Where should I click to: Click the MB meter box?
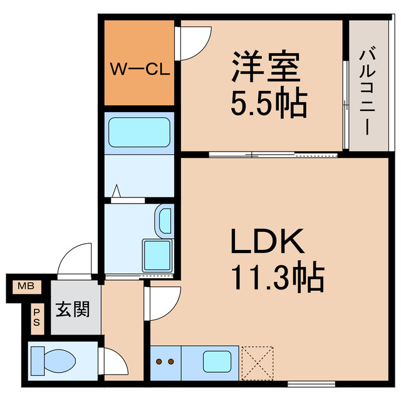(26, 287)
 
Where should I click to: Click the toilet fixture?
(55, 361)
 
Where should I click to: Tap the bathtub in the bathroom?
(140, 132)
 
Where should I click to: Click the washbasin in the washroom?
(164, 221)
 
